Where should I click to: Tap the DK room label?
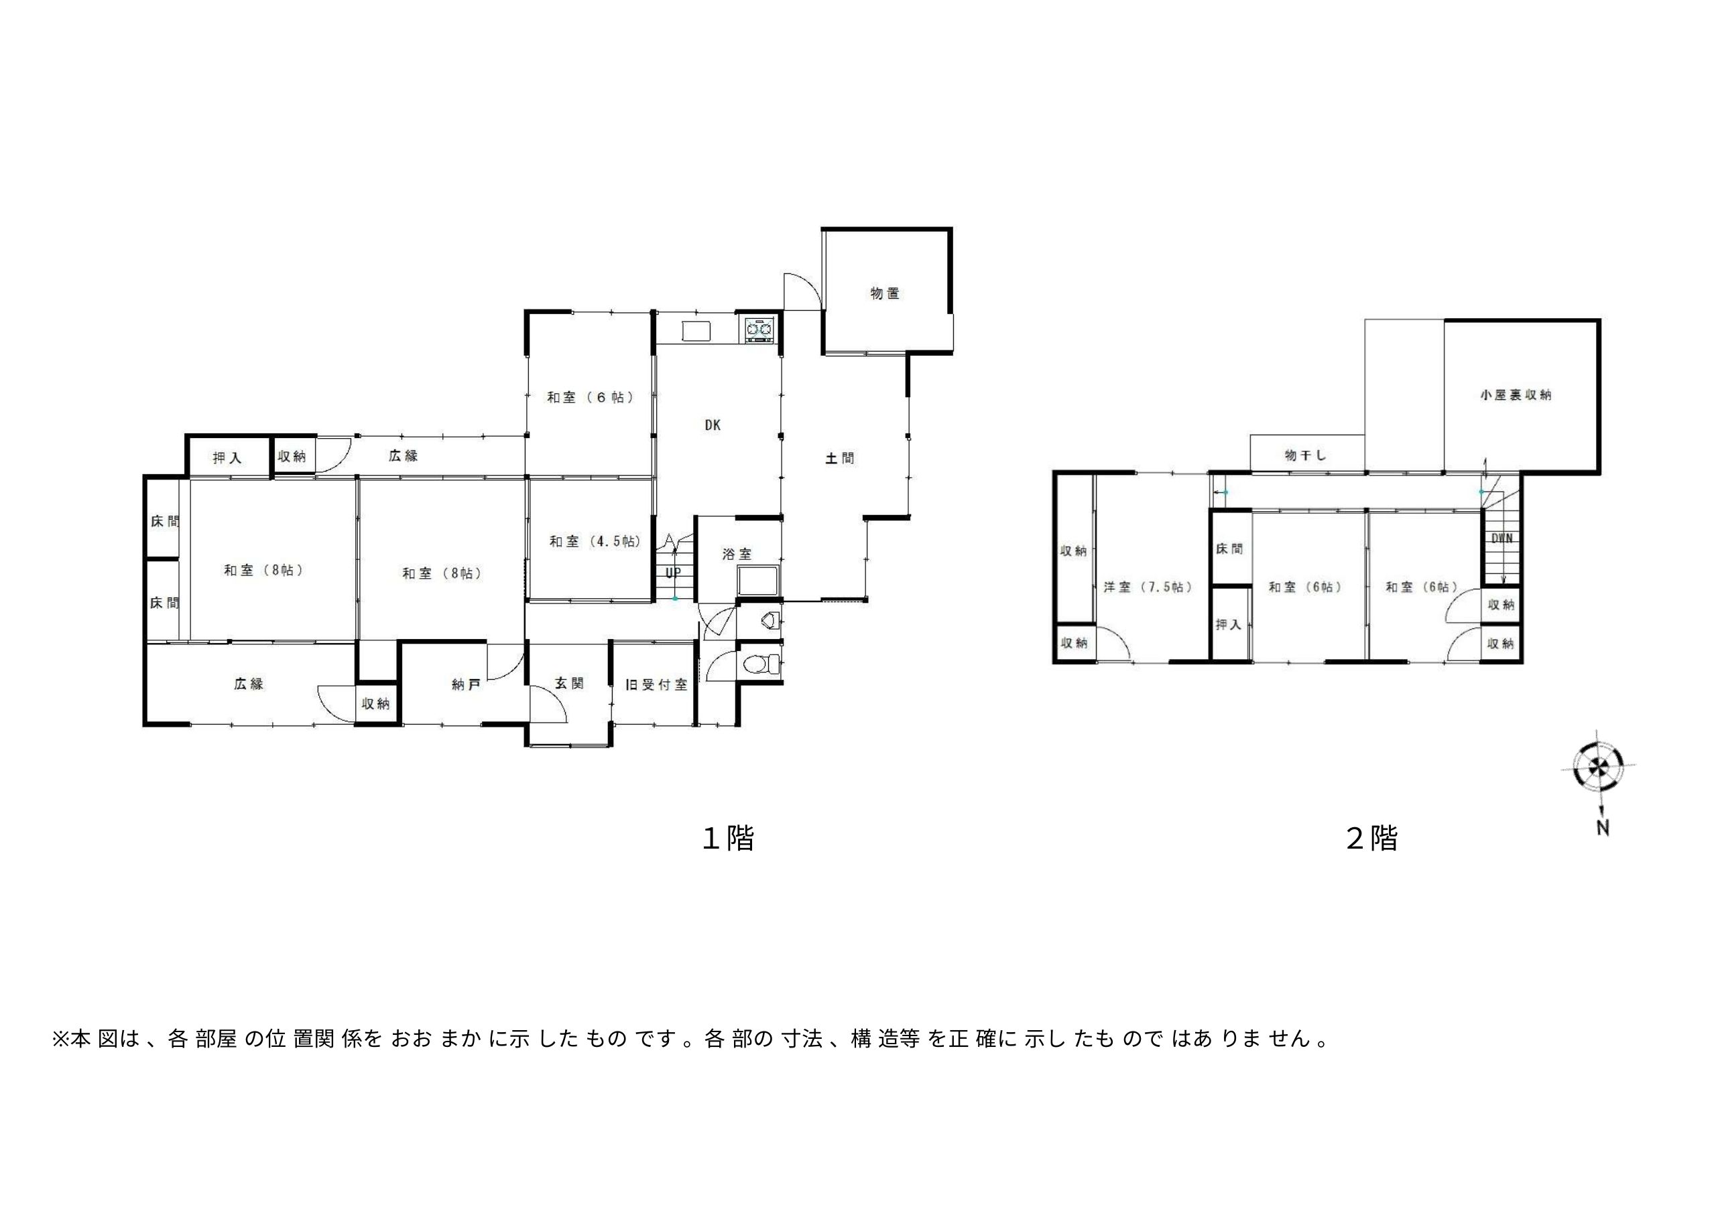tap(713, 425)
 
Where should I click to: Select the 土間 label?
tap(839, 458)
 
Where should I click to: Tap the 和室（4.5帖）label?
tap(595, 541)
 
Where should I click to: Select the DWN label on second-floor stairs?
tap(1502, 538)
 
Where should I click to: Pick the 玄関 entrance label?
tap(569, 683)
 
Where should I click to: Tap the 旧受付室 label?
tap(656, 684)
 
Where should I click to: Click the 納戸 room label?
tap(466, 684)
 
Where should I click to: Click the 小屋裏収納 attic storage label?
tap(1516, 395)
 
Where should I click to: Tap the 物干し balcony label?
tap(1305, 455)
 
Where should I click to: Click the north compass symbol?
tap(1598, 767)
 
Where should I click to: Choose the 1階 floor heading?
tap(728, 838)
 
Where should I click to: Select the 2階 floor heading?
tap(1371, 838)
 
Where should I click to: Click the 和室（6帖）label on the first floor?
tap(591, 397)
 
